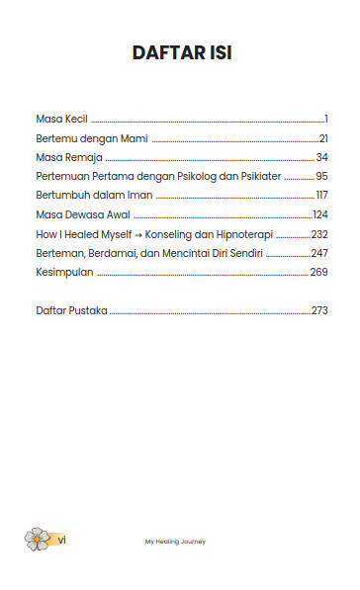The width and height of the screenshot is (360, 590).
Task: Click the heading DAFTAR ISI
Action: click(x=182, y=53)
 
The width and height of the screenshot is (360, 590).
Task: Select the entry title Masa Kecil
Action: click(x=61, y=119)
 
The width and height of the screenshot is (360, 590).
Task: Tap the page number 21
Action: click(x=322, y=138)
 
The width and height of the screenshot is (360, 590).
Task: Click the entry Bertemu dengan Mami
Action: click(x=91, y=138)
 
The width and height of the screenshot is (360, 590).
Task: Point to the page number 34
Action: click(x=321, y=157)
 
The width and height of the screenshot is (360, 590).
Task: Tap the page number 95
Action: click(x=321, y=176)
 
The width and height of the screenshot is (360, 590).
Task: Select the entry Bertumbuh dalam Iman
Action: click(x=94, y=195)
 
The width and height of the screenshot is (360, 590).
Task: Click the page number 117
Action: click(x=321, y=195)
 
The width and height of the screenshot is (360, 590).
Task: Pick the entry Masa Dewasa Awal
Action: click(x=82, y=214)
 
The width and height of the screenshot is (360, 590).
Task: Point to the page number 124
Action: click(x=319, y=214)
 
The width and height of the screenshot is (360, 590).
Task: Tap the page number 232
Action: click(x=318, y=234)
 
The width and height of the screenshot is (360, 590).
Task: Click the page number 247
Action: click(x=318, y=253)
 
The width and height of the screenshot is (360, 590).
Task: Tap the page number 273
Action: click(x=318, y=310)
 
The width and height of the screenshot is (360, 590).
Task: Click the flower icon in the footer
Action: click(x=37, y=539)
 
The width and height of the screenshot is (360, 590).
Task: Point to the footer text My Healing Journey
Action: click(x=175, y=541)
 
